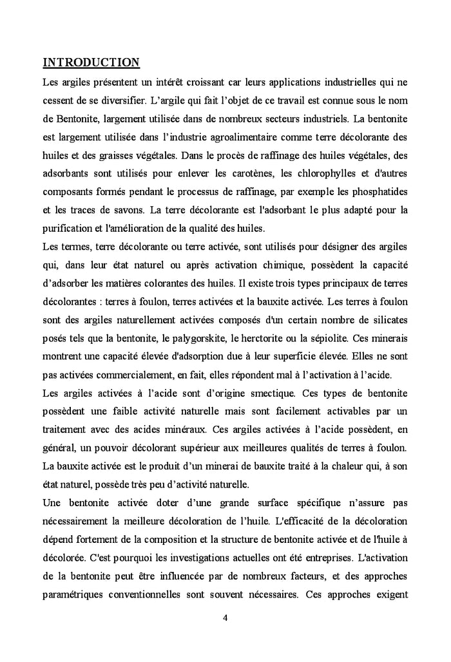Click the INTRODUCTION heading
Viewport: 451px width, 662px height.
[x=91, y=62]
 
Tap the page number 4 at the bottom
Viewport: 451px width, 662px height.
[x=225, y=618]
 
